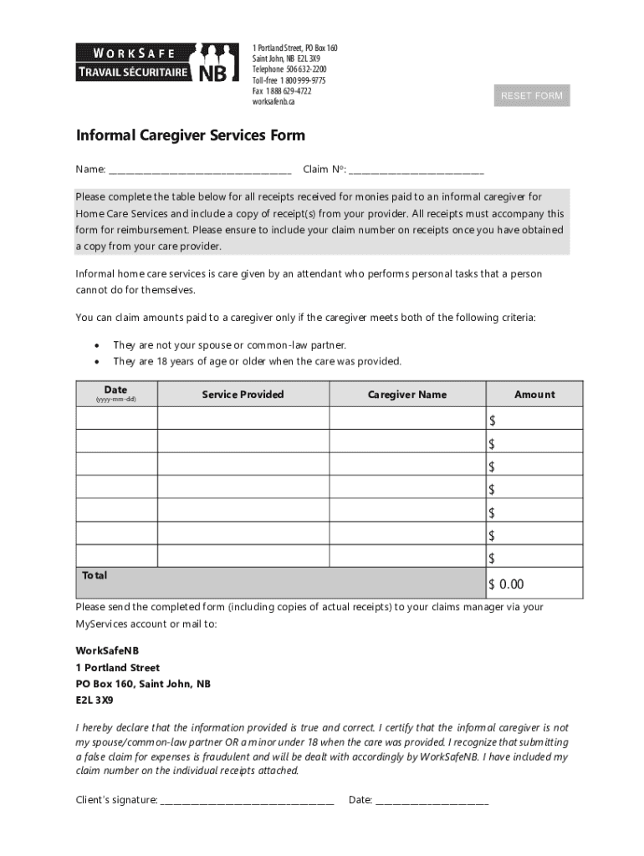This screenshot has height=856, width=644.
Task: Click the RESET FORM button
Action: pyautogui.click(x=531, y=96)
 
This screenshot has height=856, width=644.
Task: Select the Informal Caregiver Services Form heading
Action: pyautogui.click(x=191, y=135)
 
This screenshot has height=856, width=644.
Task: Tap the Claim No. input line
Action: pyautogui.click(x=416, y=170)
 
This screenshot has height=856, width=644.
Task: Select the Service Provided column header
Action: pyautogui.click(x=243, y=395)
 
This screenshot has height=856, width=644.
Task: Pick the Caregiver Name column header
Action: pyautogui.click(x=407, y=395)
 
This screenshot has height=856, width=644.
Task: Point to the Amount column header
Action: pyautogui.click(x=534, y=395)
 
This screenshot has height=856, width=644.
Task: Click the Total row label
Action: pyautogui.click(x=95, y=576)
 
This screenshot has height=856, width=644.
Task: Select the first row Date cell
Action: pyautogui.click(x=116, y=419)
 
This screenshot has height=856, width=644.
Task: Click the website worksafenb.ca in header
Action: pyautogui.click(x=273, y=102)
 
